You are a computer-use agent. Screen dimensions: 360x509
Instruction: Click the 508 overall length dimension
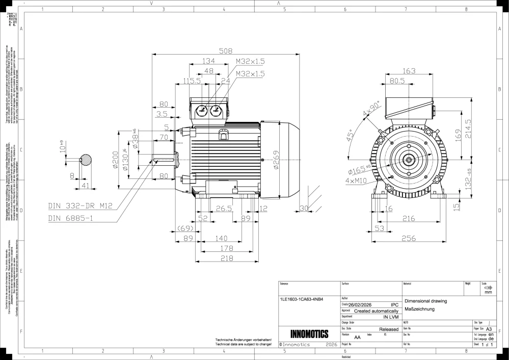coord(225,50)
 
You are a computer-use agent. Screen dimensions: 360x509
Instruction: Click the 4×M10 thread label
coord(357,181)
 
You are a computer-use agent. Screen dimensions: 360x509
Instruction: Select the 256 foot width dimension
coord(409,238)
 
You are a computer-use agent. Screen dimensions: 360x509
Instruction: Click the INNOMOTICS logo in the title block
coord(309,335)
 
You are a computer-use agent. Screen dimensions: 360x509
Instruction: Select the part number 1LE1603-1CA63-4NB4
coord(302,299)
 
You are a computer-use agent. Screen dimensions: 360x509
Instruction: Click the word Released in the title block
coord(389,329)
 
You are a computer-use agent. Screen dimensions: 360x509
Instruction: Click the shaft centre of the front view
coord(408,160)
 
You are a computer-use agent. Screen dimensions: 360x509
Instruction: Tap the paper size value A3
coord(489,329)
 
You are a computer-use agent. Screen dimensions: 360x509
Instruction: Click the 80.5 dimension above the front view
coord(397,81)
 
